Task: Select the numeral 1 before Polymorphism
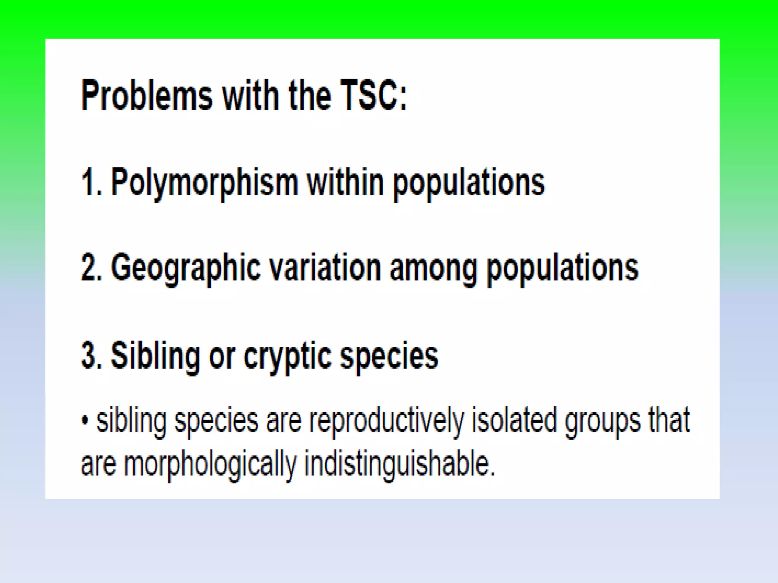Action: click(88, 183)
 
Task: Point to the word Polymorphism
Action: click(204, 183)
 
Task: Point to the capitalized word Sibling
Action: click(155, 356)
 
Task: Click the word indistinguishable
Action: click(400, 464)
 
